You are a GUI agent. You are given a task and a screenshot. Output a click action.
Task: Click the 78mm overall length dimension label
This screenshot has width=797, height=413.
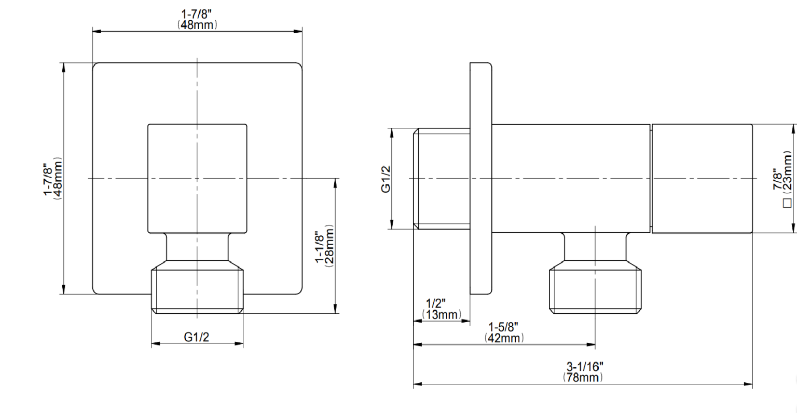[x=583, y=377]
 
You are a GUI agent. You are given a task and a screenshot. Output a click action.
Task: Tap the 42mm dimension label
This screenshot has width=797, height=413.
[x=504, y=338]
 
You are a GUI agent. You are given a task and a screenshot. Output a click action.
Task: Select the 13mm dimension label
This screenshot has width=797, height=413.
[x=442, y=315]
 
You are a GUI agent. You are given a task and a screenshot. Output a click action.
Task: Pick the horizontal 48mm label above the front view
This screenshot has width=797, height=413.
[x=197, y=24]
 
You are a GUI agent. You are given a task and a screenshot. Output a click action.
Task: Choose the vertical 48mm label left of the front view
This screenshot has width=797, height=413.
[x=58, y=178]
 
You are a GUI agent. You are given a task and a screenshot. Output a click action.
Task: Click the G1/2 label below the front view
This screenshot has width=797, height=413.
[x=197, y=337]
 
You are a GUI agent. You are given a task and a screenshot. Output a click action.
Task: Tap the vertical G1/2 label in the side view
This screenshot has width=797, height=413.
[x=386, y=179]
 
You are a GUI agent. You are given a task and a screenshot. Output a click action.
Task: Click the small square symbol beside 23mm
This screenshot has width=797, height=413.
[x=787, y=203]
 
